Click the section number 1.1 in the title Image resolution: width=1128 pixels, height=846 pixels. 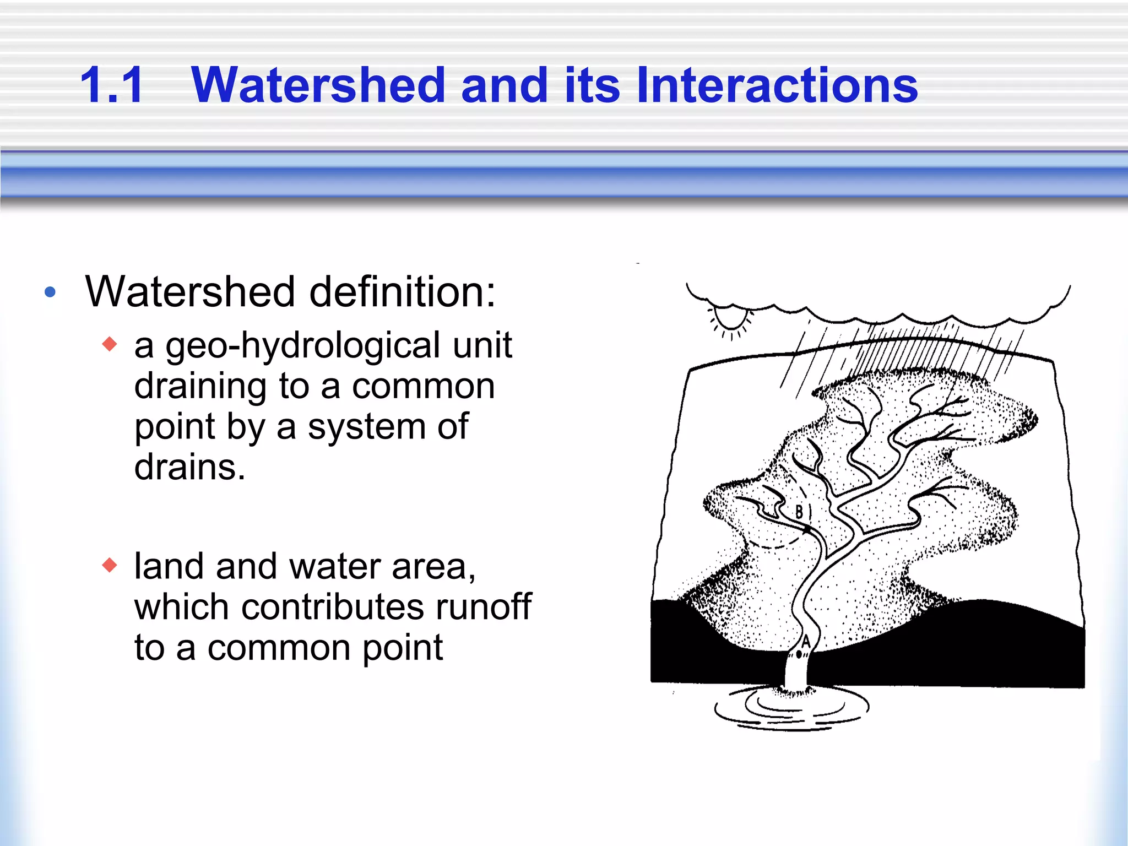click(x=112, y=85)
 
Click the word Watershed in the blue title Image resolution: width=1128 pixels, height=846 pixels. click(x=318, y=85)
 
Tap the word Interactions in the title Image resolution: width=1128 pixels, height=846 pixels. click(x=777, y=85)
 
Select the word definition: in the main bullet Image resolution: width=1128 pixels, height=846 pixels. click(x=402, y=292)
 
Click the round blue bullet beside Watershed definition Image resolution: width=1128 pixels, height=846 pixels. click(x=50, y=292)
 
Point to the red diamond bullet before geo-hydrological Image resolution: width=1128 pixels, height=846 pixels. click(x=110, y=344)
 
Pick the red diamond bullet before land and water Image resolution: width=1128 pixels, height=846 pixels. click(x=110, y=565)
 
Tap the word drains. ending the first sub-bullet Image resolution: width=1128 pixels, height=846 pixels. click(x=189, y=467)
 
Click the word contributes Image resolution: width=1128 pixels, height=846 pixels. click(x=333, y=607)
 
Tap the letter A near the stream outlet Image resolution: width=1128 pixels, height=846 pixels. click(x=806, y=642)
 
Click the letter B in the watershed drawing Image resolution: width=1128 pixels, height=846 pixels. click(x=799, y=512)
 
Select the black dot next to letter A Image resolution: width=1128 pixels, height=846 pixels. click(x=799, y=655)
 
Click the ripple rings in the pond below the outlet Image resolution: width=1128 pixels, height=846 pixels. click(x=791, y=711)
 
